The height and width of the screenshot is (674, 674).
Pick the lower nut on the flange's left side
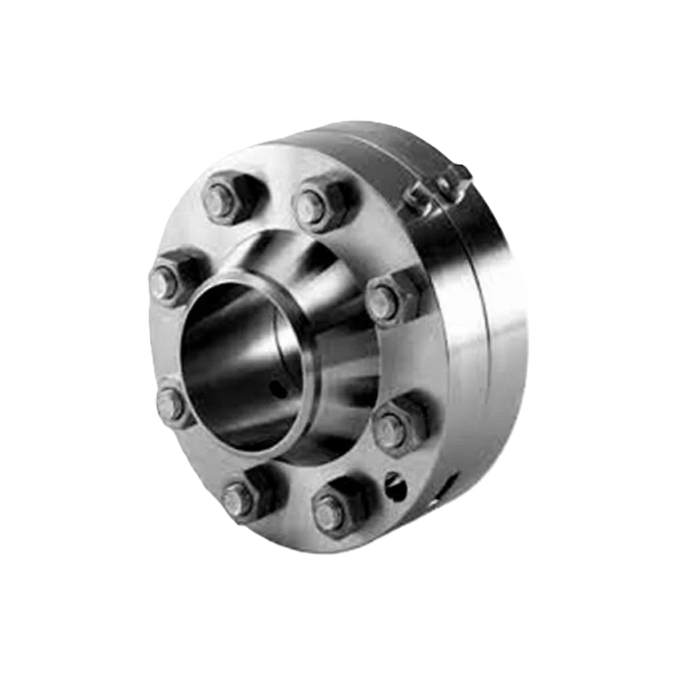pos(170,404)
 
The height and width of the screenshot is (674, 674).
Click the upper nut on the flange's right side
pos(384,301)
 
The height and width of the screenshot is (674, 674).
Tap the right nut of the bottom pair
pos(329,514)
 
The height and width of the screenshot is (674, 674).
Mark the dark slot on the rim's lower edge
pos(449,482)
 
